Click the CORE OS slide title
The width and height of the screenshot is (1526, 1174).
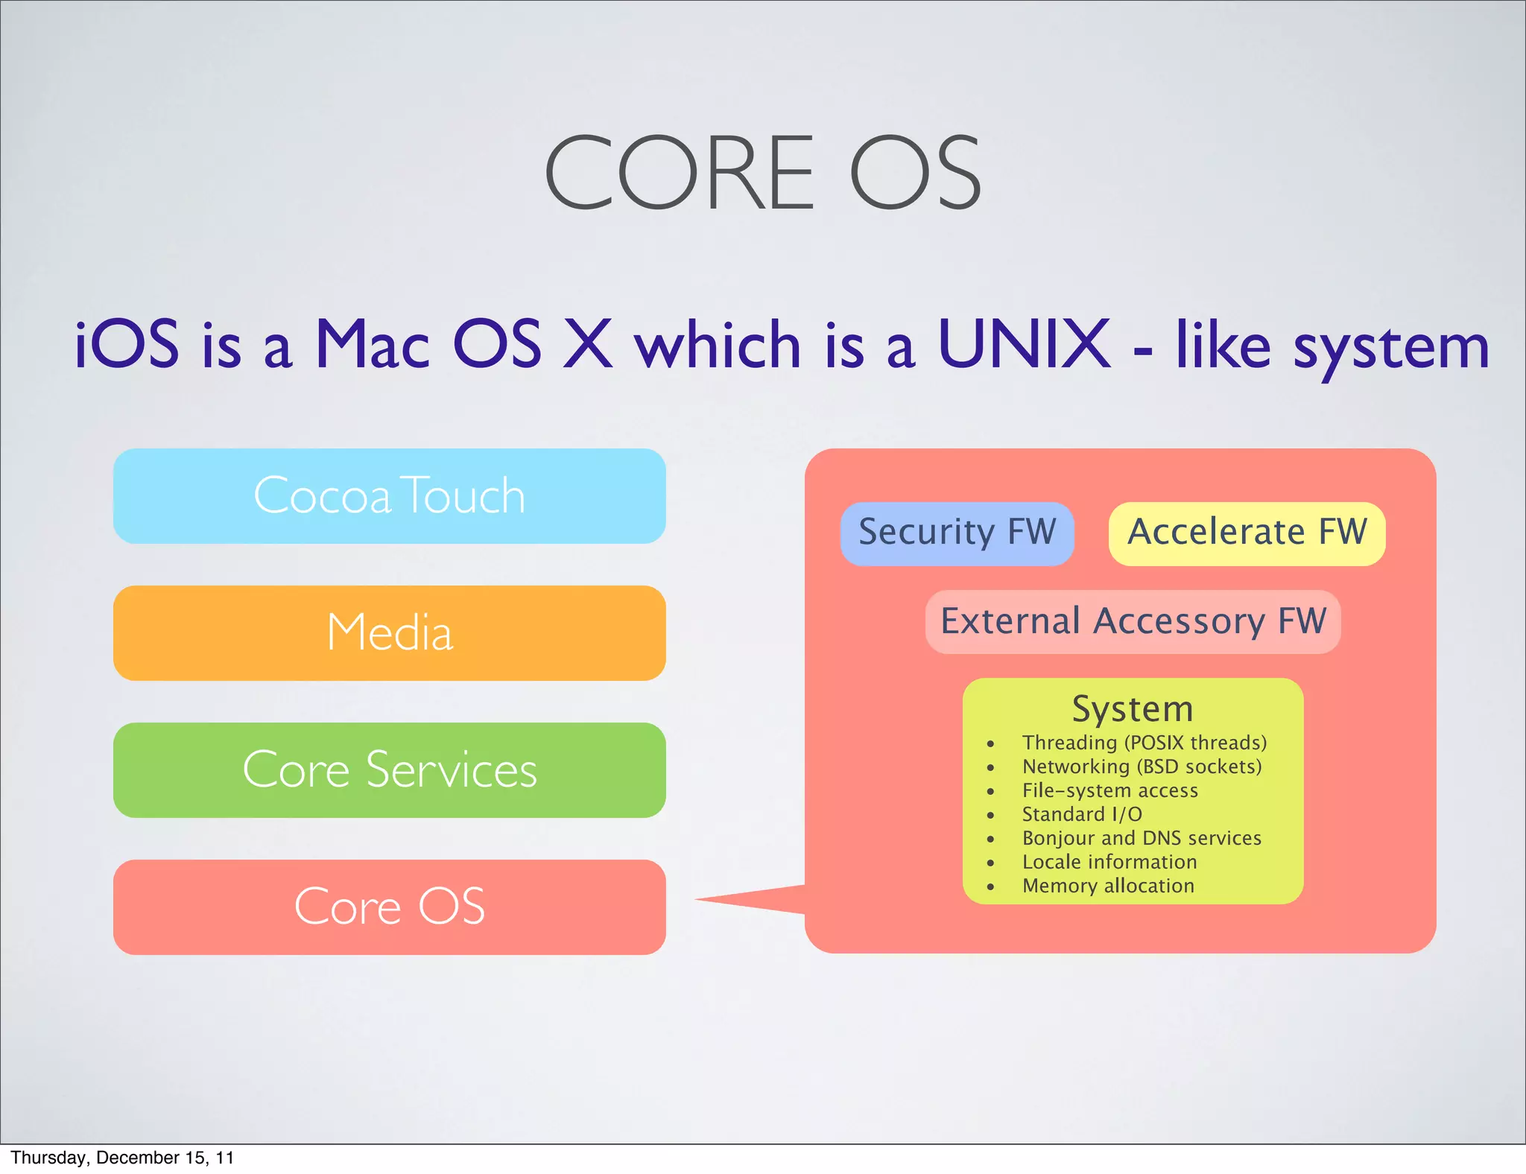tap(763, 173)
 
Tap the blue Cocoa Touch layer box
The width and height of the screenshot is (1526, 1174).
tap(389, 496)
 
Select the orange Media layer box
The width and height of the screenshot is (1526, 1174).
tap(389, 633)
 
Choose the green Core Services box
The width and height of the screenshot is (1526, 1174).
tap(389, 770)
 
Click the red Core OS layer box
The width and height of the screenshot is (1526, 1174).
tap(389, 907)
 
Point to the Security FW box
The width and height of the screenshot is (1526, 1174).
tap(957, 533)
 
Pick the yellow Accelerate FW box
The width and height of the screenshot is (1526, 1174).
tap(1247, 533)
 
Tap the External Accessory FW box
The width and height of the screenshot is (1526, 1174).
tap(1133, 621)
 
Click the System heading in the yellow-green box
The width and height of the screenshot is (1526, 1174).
tap(1133, 709)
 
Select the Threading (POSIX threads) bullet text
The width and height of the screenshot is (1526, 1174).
tap(1144, 743)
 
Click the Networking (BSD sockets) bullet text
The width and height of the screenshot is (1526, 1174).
tap(1142, 767)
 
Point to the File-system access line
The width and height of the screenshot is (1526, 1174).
tap(1109, 791)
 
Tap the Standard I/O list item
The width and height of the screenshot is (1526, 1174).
tap(1082, 815)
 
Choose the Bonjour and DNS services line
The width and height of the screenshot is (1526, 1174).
tap(1142, 839)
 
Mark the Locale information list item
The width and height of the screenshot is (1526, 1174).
tap(1109, 863)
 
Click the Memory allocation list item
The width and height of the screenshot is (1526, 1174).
tap(1108, 886)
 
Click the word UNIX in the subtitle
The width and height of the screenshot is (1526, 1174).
tap(1024, 344)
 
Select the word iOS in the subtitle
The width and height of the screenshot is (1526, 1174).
tap(127, 344)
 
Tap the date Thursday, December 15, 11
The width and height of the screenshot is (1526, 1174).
tap(122, 1158)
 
